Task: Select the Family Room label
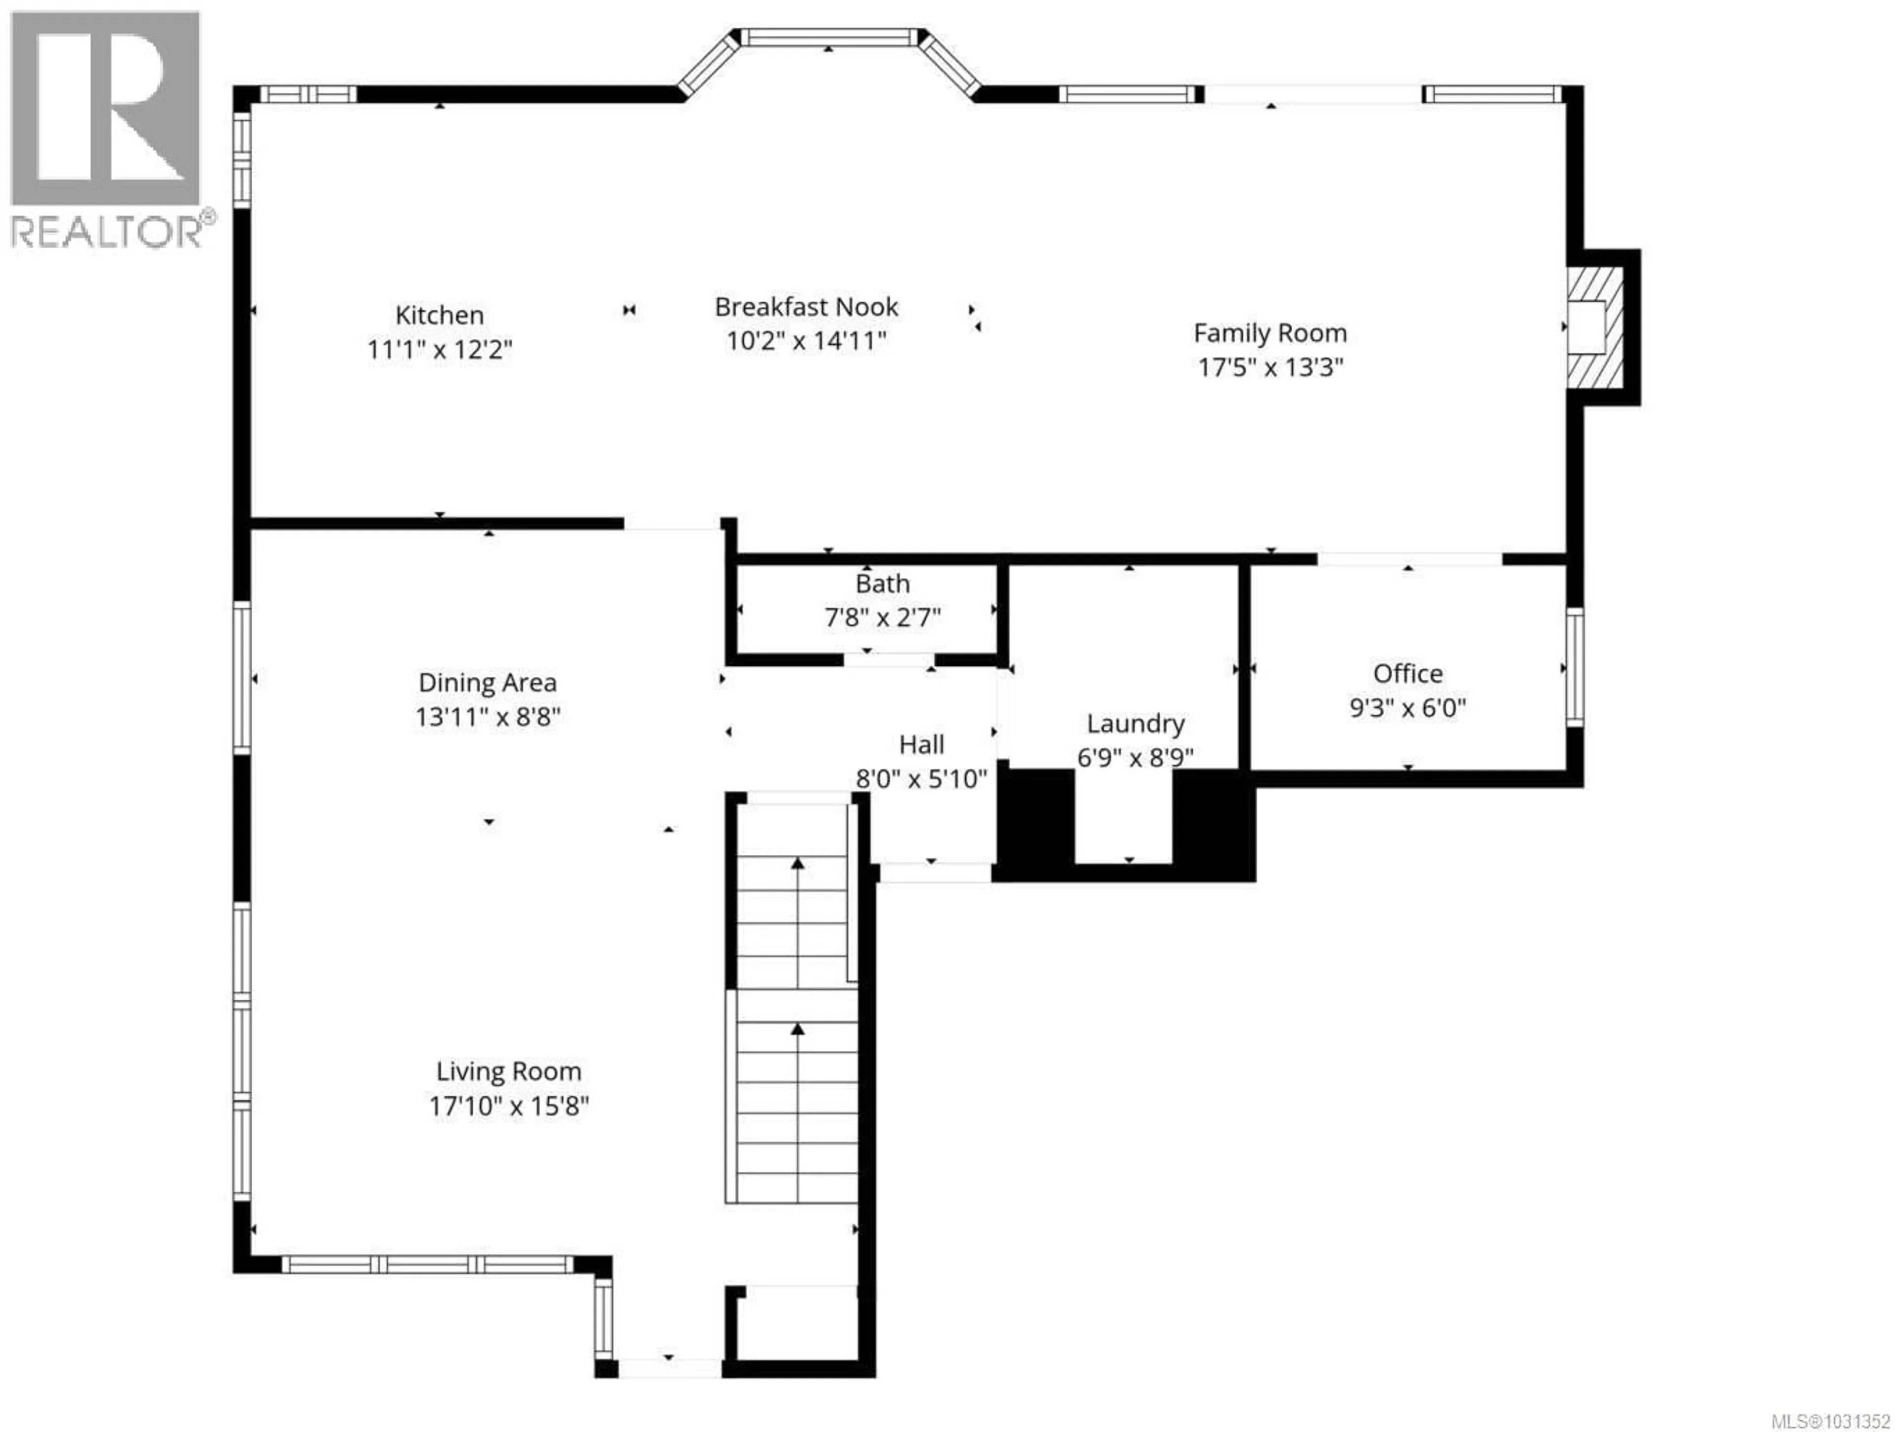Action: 1270,333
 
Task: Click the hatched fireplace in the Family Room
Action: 1595,327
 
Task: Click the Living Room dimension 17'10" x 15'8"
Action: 508,1106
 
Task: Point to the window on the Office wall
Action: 1575,667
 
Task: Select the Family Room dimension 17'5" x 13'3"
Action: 1270,368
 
